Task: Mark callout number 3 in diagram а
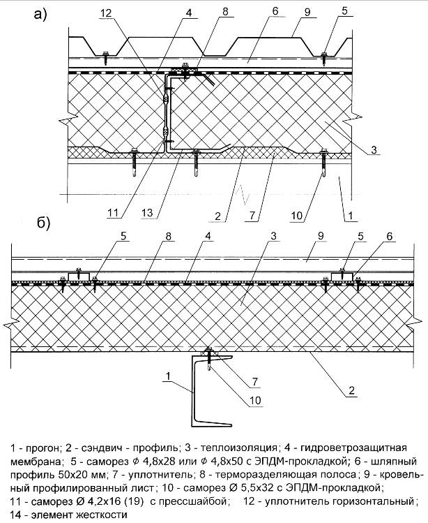pyautogui.click(x=375, y=149)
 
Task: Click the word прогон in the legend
pyautogui.click(x=45, y=447)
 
